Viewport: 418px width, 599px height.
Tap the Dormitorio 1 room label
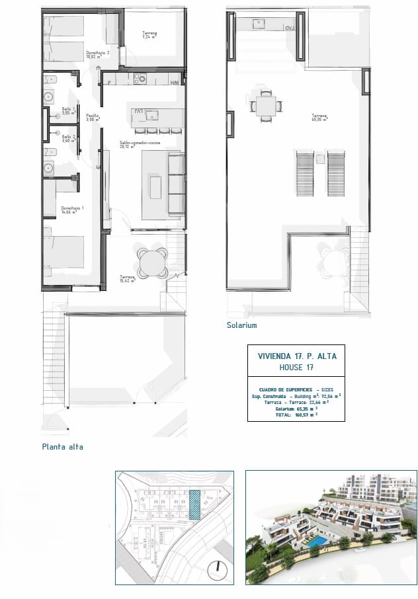tap(64, 210)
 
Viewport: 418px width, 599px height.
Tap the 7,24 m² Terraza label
tap(149, 34)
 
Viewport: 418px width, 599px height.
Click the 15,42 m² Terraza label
tap(127, 278)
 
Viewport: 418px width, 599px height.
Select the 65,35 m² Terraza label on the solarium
tap(321, 118)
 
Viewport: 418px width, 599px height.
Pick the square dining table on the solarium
tap(267, 106)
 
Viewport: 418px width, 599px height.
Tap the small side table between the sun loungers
tap(320, 159)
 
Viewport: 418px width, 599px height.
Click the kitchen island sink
tap(153, 115)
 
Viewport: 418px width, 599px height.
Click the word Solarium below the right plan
tap(241, 325)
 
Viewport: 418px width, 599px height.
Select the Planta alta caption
tap(62, 447)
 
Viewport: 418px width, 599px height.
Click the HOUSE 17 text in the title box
tap(296, 368)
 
